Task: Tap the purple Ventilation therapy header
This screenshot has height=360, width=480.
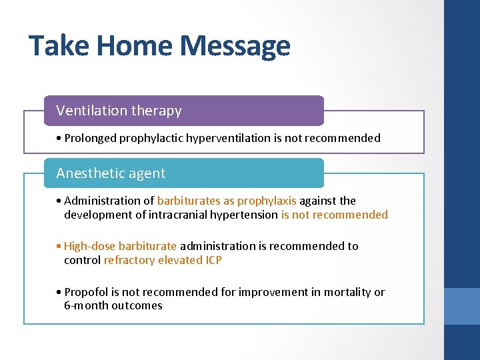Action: coord(183,111)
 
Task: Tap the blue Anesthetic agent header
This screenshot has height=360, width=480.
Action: coord(183,173)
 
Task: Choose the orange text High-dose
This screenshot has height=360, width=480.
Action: coord(87,246)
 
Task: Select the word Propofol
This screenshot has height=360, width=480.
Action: coord(86,292)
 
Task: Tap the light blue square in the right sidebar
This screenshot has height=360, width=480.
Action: coord(462,306)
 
